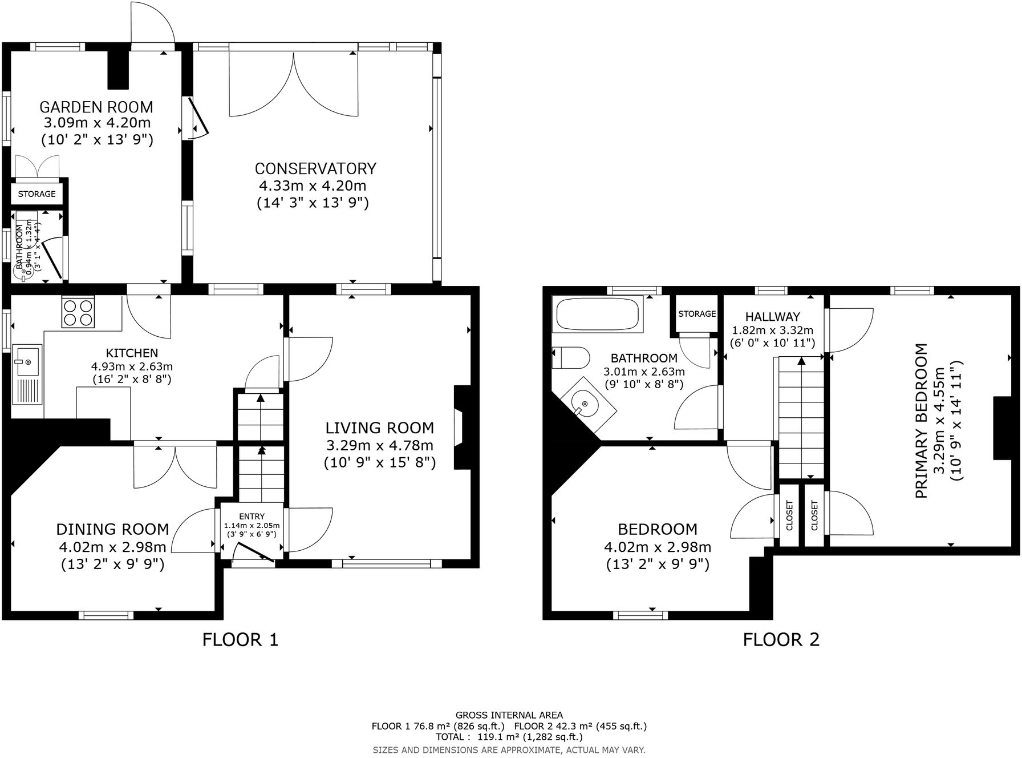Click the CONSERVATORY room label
click(x=315, y=168)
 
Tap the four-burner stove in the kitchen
click(x=78, y=313)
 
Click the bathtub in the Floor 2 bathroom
click(x=597, y=313)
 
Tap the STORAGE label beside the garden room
click(x=37, y=194)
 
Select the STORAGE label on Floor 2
click(x=697, y=314)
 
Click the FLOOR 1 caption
click(x=240, y=639)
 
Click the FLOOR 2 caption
click(x=781, y=639)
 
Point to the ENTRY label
click(x=252, y=517)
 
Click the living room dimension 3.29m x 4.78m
click(x=379, y=445)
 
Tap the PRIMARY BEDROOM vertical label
click(x=921, y=421)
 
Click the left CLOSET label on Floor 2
click(x=789, y=515)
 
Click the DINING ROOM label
click(x=112, y=529)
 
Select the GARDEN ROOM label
click(x=96, y=107)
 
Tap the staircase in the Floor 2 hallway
click(x=802, y=417)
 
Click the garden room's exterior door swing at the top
click(x=151, y=23)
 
